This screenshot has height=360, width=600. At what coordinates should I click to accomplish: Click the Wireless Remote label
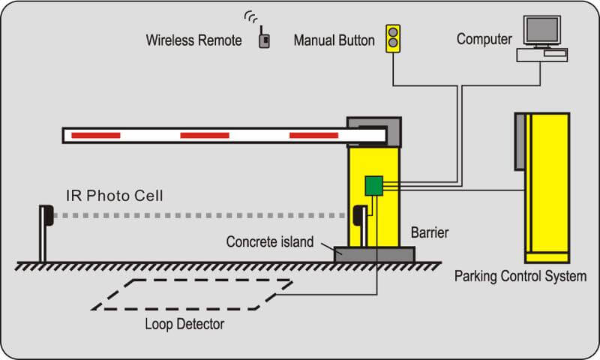point(193,40)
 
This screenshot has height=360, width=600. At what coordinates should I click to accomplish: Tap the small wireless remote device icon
point(264,40)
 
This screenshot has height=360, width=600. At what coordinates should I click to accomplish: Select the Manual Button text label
point(334,40)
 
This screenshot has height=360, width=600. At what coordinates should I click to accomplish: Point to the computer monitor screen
point(541,29)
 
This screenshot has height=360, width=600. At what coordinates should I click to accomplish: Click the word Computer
point(484,38)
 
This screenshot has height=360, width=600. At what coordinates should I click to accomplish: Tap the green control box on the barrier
point(373,185)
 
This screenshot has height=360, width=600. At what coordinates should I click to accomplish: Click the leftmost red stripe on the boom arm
point(95,135)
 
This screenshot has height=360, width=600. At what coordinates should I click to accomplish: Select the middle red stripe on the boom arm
point(205,135)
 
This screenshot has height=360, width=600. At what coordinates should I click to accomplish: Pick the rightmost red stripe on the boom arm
point(313,135)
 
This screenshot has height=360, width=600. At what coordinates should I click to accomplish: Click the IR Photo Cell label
point(124,196)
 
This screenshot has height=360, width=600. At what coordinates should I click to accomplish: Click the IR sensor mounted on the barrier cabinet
point(359,215)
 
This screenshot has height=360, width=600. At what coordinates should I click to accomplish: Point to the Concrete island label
point(271,242)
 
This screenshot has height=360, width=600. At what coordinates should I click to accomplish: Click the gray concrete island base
point(374,253)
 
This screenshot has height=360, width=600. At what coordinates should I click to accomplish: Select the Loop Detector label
point(184,324)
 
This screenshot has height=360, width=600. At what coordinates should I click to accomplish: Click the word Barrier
point(430,232)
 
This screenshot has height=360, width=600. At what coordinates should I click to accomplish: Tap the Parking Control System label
point(520,276)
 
